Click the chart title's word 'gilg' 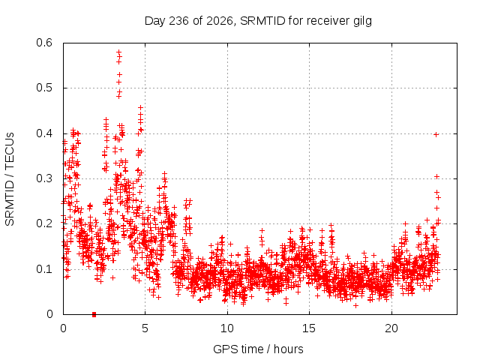click(363, 22)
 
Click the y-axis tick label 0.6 click(44, 43)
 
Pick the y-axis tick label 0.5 click(44, 88)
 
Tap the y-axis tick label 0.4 click(44, 133)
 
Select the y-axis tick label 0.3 click(44, 178)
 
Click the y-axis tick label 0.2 click(44, 223)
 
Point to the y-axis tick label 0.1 click(44, 269)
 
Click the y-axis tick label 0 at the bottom click(49, 314)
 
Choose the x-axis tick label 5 click(145, 328)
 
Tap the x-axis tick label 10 click(227, 328)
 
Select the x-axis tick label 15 click(309, 328)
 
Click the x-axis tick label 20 click(391, 328)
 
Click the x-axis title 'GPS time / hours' click(258, 349)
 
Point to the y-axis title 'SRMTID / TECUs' click(10, 179)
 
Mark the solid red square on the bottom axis click(94, 314)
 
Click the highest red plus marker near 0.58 click(119, 52)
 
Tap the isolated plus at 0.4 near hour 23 click(436, 134)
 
